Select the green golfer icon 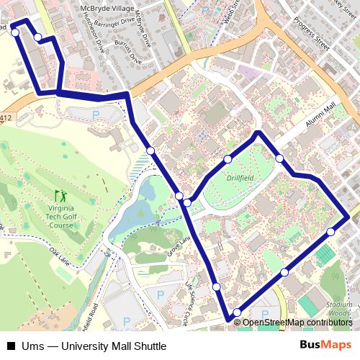(60, 195)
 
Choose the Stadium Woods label (339, 308)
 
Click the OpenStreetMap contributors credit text (297, 323)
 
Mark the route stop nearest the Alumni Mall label (279, 158)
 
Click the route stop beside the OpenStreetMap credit (237, 312)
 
